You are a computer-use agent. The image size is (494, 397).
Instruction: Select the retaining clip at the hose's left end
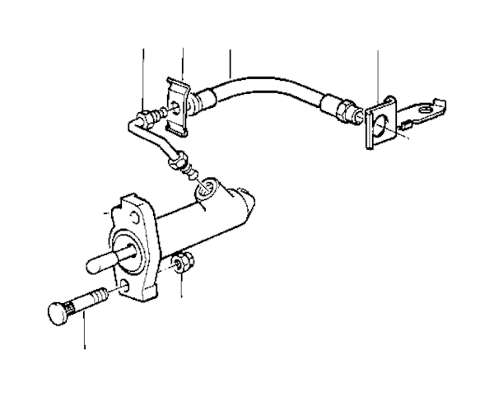tap(177, 106)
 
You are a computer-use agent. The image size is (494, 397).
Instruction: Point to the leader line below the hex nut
tap(183, 287)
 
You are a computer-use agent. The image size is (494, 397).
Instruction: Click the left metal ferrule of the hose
tap(206, 100)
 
